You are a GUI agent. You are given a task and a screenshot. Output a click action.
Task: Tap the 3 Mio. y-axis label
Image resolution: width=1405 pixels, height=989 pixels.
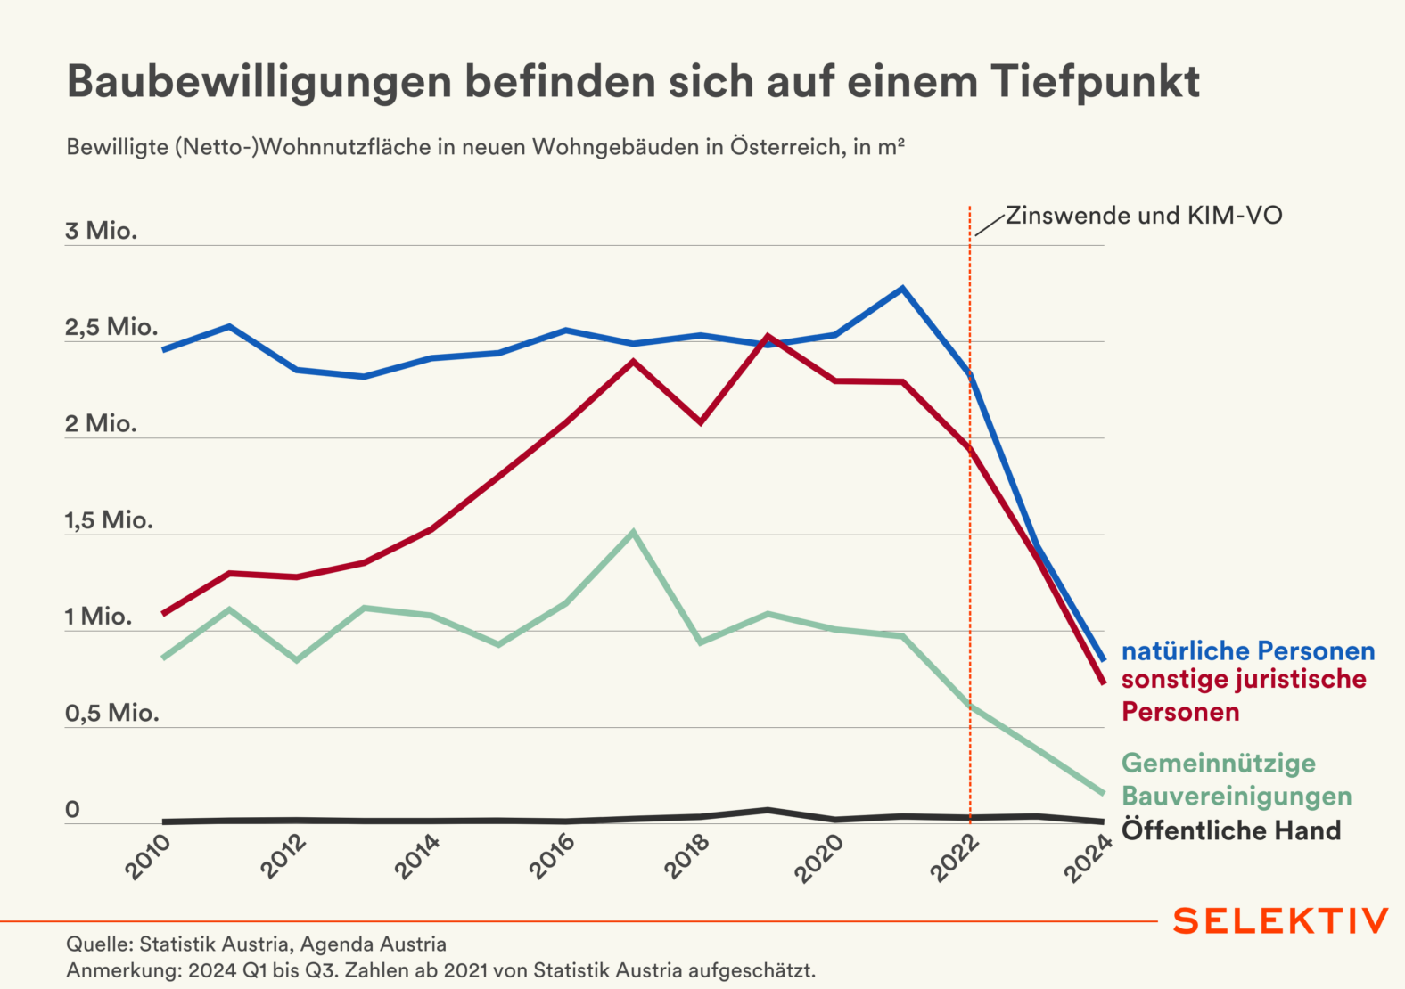(101, 231)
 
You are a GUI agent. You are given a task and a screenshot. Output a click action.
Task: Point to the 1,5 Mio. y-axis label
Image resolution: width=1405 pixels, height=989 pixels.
(109, 520)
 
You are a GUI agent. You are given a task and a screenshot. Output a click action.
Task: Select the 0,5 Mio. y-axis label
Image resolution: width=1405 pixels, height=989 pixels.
(111, 713)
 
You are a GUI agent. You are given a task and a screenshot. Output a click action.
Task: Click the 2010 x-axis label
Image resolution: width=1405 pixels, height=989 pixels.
(148, 857)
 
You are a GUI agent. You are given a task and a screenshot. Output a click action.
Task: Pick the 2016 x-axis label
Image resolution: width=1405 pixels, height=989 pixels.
(553, 857)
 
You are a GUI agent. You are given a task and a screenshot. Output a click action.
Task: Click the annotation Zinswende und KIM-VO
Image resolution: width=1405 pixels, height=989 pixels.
(1144, 216)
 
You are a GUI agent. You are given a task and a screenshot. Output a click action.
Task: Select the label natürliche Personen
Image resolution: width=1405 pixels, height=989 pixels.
(1247, 651)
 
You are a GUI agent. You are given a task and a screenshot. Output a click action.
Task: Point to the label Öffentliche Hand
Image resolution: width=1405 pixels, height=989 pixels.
(1230, 830)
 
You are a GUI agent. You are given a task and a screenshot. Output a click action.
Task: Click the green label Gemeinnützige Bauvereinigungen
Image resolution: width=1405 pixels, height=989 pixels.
(1236, 780)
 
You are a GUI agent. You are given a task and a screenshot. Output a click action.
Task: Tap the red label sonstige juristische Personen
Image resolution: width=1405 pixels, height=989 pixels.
(1243, 695)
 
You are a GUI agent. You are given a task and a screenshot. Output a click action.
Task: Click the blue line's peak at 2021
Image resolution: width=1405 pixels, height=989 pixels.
(902, 288)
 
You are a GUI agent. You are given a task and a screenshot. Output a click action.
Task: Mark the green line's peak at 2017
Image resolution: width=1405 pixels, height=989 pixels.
(633, 533)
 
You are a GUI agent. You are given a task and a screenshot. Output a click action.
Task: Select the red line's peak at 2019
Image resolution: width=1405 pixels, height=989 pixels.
(768, 337)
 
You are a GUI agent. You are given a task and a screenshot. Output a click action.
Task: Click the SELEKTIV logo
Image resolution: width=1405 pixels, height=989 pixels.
(1280, 921)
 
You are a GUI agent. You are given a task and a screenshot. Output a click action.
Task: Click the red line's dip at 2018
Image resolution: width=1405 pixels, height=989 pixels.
(701, 421)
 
